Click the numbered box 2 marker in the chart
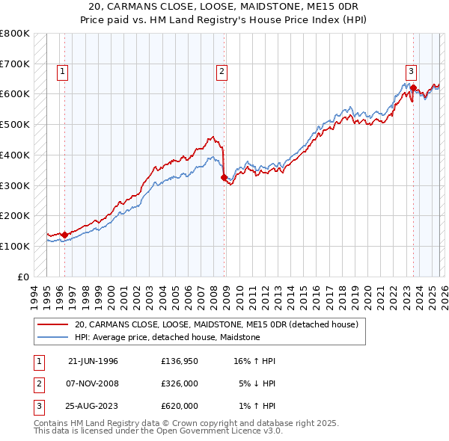[222, 72]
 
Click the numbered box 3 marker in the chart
[411, 72]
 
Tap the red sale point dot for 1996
[64, 235]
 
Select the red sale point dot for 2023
[413, 88]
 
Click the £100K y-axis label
[15, 246]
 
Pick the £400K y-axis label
[15, 155]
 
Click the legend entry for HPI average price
[167, 337]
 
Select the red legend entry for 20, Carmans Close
[216, 324]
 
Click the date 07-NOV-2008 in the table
[93, 383]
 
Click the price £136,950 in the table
[180, 361]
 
